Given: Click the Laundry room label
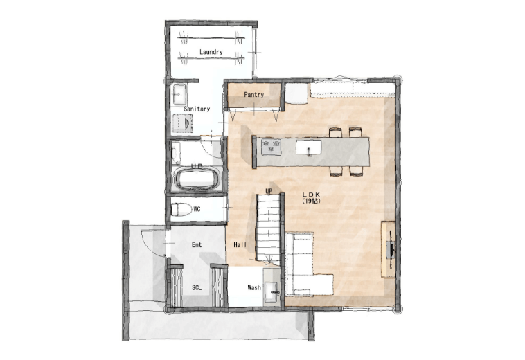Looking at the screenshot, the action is pyautogui.click(x=211, y=52).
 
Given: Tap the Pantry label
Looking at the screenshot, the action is pyautogui.click(x=253, y=95).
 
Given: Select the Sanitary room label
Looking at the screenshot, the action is pyautogui.click(x=197, y=109).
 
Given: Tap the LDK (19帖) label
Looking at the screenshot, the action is pyautogui.click(x=312, y=198).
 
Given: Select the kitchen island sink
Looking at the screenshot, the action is pyautogui.click(x=308, y=147).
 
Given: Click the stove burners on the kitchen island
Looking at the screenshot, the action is pyautogui.click(x=272, y=147).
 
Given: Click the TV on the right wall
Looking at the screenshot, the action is pyautogui.click(x=391, y=249).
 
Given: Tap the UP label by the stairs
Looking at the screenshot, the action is pyautogui.click(x=269, y=190).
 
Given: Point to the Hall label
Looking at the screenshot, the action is pyautogui.click(x=240, y=245).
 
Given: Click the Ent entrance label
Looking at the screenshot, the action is pyautogui.click(x=197, y=245).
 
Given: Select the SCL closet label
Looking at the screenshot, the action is pyautogui.click(x=197, y=287).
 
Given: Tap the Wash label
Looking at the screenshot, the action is pyautogui.click(x=254, y=287).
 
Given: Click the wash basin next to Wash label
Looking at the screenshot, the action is pyautogui.click(x=272, y=290).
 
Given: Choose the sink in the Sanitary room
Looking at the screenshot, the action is pyautogui.click(x=179, y=94).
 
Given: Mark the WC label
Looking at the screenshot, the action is pyautogui.click(x=197, y=209).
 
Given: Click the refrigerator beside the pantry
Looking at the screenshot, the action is pyautogui.click(x=296, y=93).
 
